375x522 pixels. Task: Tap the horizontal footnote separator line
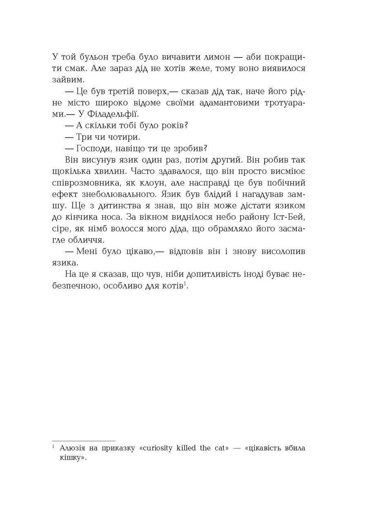click(84, 440)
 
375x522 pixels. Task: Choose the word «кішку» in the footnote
click(72, 458)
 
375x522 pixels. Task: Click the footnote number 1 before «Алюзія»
click(54, 447)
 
